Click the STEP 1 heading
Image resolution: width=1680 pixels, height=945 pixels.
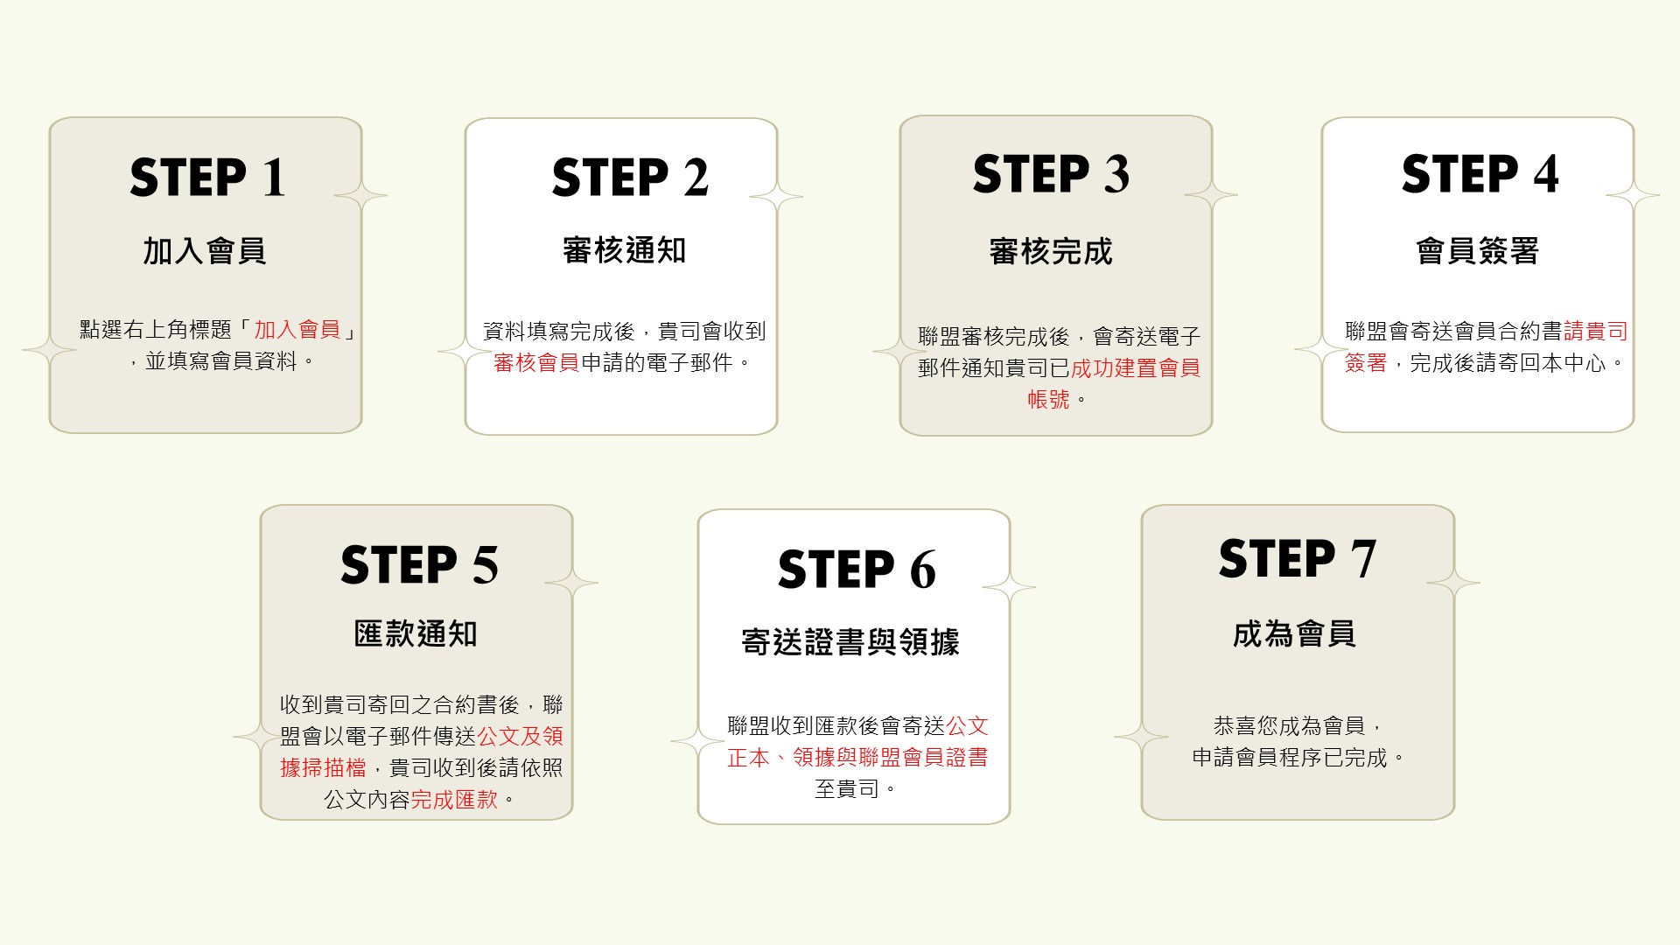click(x=208, y=178)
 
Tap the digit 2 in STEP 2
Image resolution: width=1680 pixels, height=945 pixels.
click(x=696, y=178)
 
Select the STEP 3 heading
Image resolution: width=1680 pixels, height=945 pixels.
click(x=1051, y=173)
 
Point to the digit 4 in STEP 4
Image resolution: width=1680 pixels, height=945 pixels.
click(x=1546, y=173)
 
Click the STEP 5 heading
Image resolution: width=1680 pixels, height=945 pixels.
click(x=419, y=564)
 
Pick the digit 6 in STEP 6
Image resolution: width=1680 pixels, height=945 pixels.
click(x=923, y=570)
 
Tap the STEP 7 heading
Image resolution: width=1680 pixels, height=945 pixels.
click(x=1298, y=558)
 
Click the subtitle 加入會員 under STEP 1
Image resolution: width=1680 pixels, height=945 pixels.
click(x=205, y=251)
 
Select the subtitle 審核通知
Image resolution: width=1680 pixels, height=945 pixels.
click(x=624, y=250)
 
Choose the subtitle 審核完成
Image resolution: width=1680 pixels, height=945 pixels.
click(x=1051, y=251)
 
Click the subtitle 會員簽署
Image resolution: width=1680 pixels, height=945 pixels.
click(x=1478, y=251)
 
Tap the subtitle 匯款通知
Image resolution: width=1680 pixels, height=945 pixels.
click(x=416, y=633)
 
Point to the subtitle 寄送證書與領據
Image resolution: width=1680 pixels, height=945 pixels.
click(x=850, y=642)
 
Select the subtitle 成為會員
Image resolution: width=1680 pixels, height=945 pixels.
click(x=1294, y=633)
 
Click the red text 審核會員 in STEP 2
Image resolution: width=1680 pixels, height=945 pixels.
click(x=536, y=362)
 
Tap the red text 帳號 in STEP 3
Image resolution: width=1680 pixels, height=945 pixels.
click(x=1048, y=400)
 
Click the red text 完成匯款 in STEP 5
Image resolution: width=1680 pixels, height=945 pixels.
click(x=454, y=800)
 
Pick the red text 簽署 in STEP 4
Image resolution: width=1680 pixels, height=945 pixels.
click(x=1366, y=362)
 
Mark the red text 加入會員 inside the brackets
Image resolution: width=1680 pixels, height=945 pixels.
click(x=297, y=330)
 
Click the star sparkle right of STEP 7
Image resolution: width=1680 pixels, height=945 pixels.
click(x=1453, y=582)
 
